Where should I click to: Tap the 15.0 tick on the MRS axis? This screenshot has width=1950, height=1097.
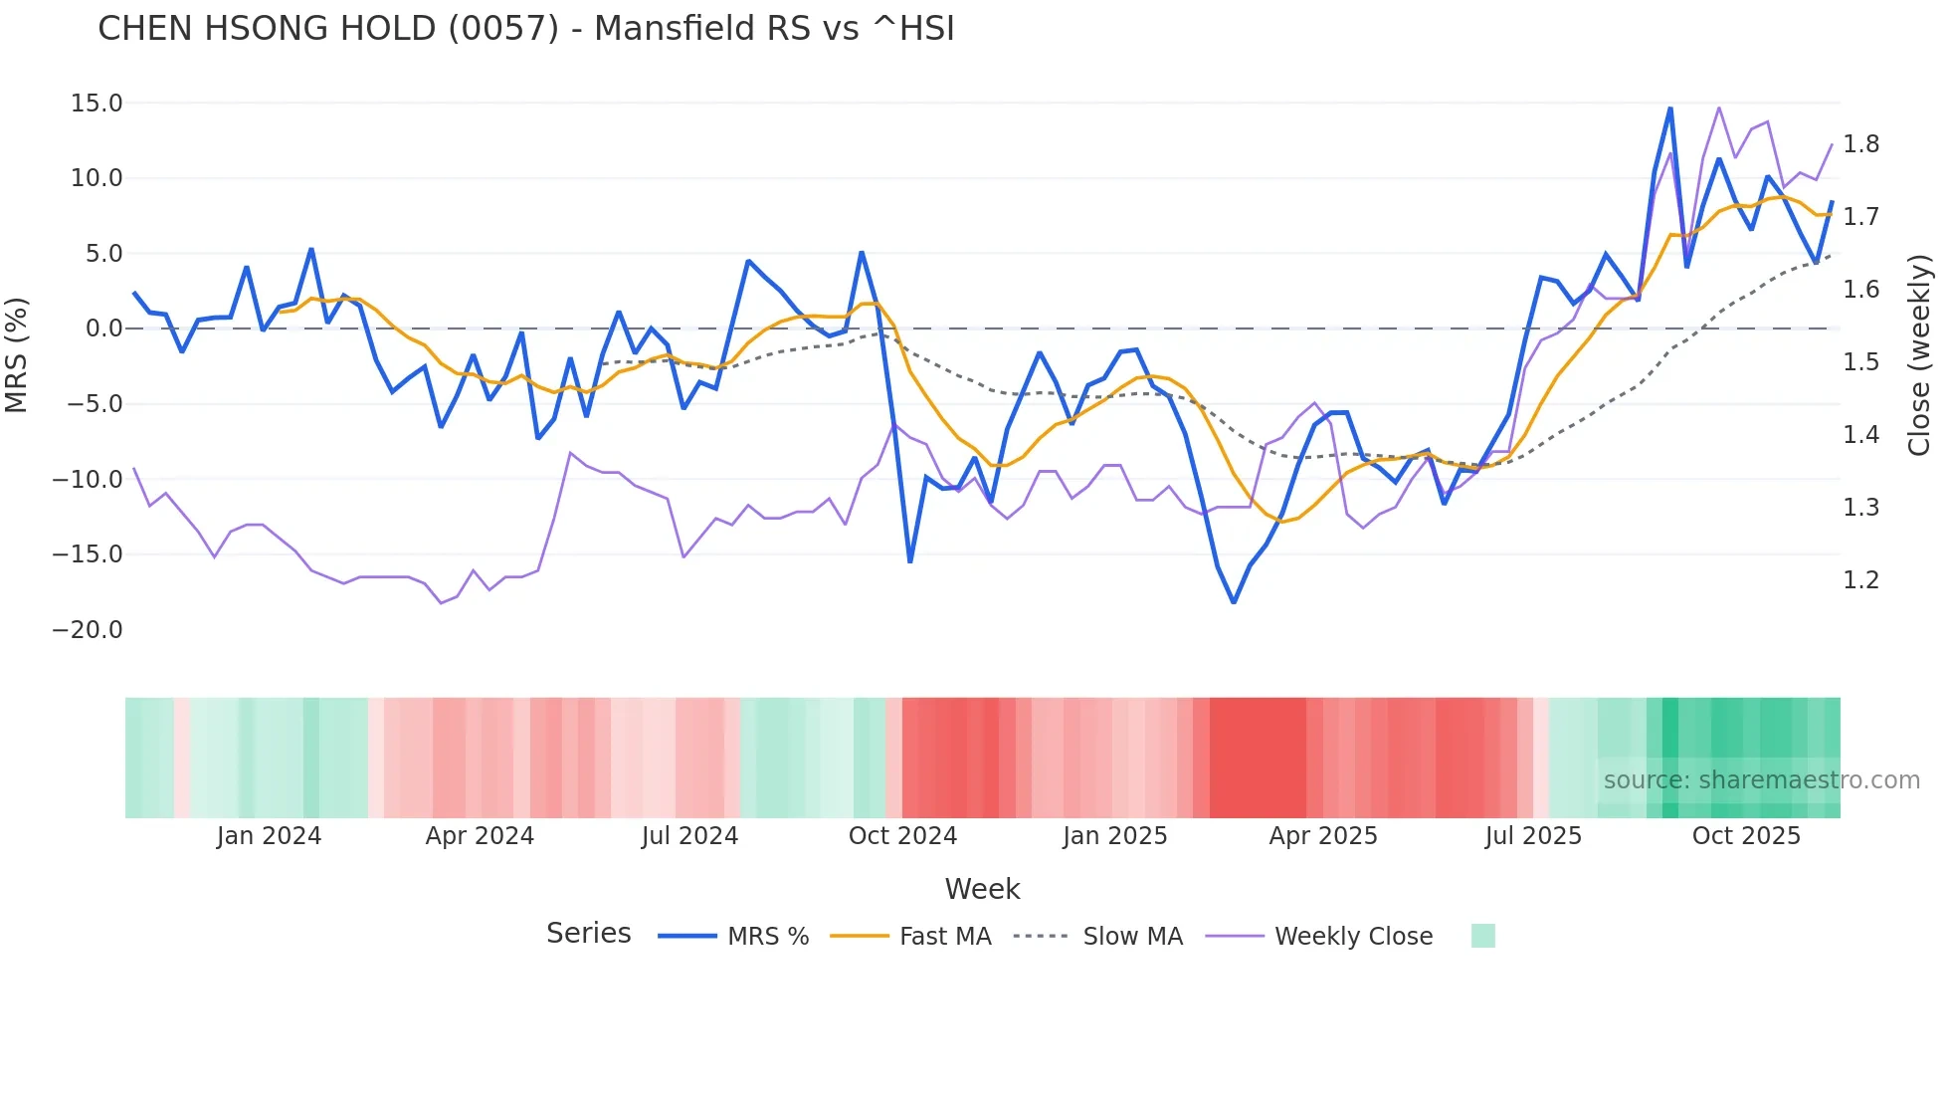click(x=97, y=104)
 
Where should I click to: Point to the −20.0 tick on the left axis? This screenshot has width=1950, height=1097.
click(x=88, y=630)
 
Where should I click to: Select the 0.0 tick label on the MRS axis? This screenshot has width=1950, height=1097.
click(x=103, y=329)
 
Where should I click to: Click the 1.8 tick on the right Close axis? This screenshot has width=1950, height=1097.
click(x=1860, y=144)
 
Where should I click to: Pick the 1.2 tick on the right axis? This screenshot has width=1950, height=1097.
click(x=1860, y=580)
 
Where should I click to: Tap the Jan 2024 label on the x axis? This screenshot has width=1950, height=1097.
click(x=269, y=836)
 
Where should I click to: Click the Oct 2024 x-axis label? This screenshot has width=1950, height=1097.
click(x=902, y=836)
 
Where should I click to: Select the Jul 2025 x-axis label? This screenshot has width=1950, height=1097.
click(x=1533, y=836)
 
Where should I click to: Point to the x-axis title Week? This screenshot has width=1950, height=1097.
click(x=982, y=889)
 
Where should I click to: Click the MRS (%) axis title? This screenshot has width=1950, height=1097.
click(x=17, y=355)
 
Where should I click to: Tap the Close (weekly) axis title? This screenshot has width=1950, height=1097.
click(x=1919, y=355)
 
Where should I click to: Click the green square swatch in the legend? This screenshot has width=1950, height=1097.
click(x=1482, y=936)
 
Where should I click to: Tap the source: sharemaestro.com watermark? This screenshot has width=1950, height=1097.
click(x=1761, y=780)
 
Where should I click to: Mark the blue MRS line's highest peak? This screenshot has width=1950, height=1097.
click(x=1670, y=108)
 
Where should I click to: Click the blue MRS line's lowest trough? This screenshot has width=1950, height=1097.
click(x=1234, y=602)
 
